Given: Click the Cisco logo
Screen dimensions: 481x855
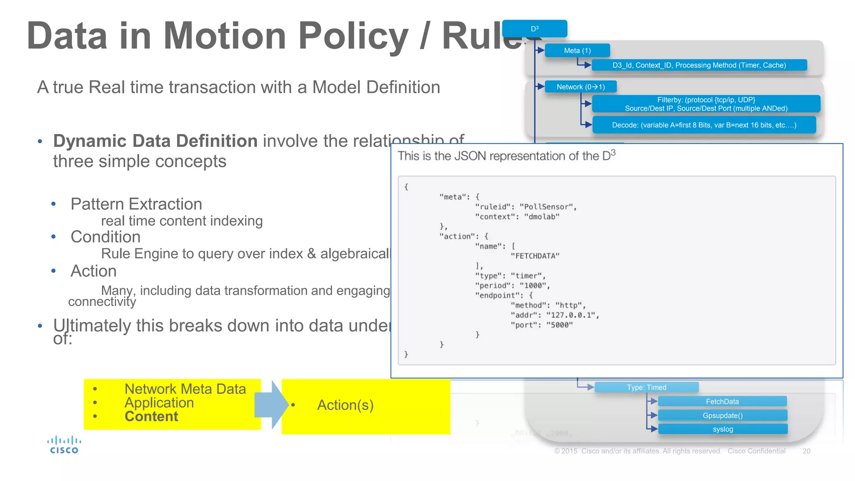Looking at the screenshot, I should tap(64, 445).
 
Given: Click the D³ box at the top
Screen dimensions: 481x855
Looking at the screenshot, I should tap(534, 29).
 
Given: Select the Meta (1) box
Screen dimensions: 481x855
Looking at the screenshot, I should tap(577, 51).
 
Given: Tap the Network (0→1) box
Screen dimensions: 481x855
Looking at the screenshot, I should tap(580, 87).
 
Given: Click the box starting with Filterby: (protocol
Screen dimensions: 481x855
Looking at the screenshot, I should tap(706, 104).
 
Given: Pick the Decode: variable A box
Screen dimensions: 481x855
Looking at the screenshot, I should tap(704, 125).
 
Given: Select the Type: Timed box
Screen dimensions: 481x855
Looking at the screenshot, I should tap(646, 387).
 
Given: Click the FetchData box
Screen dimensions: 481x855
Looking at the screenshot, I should tap(722, 401).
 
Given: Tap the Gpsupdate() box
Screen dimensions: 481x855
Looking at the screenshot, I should tap(722, 415).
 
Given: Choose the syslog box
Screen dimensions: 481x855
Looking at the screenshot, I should tap(723, 429).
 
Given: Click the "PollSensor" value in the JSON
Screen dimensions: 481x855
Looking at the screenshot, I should tap(548, 207).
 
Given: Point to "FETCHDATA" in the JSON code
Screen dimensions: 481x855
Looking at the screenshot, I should tap(535, 256).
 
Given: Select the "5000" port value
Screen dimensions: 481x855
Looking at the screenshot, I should tap(559, 325).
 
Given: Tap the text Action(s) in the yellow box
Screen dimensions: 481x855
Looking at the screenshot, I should tap(345, 405).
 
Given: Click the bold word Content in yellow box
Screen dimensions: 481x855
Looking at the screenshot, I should tap(151, 416).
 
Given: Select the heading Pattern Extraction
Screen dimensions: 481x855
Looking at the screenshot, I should tap(136, 204).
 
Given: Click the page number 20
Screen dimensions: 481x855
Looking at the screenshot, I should tap(806, 451).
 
